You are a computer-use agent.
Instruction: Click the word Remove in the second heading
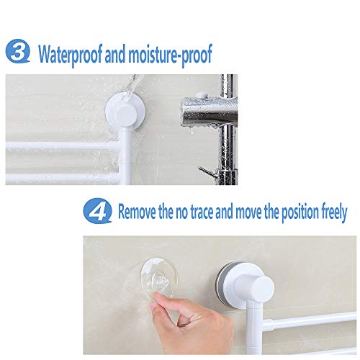pyautogui.click(x=138, y=212)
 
